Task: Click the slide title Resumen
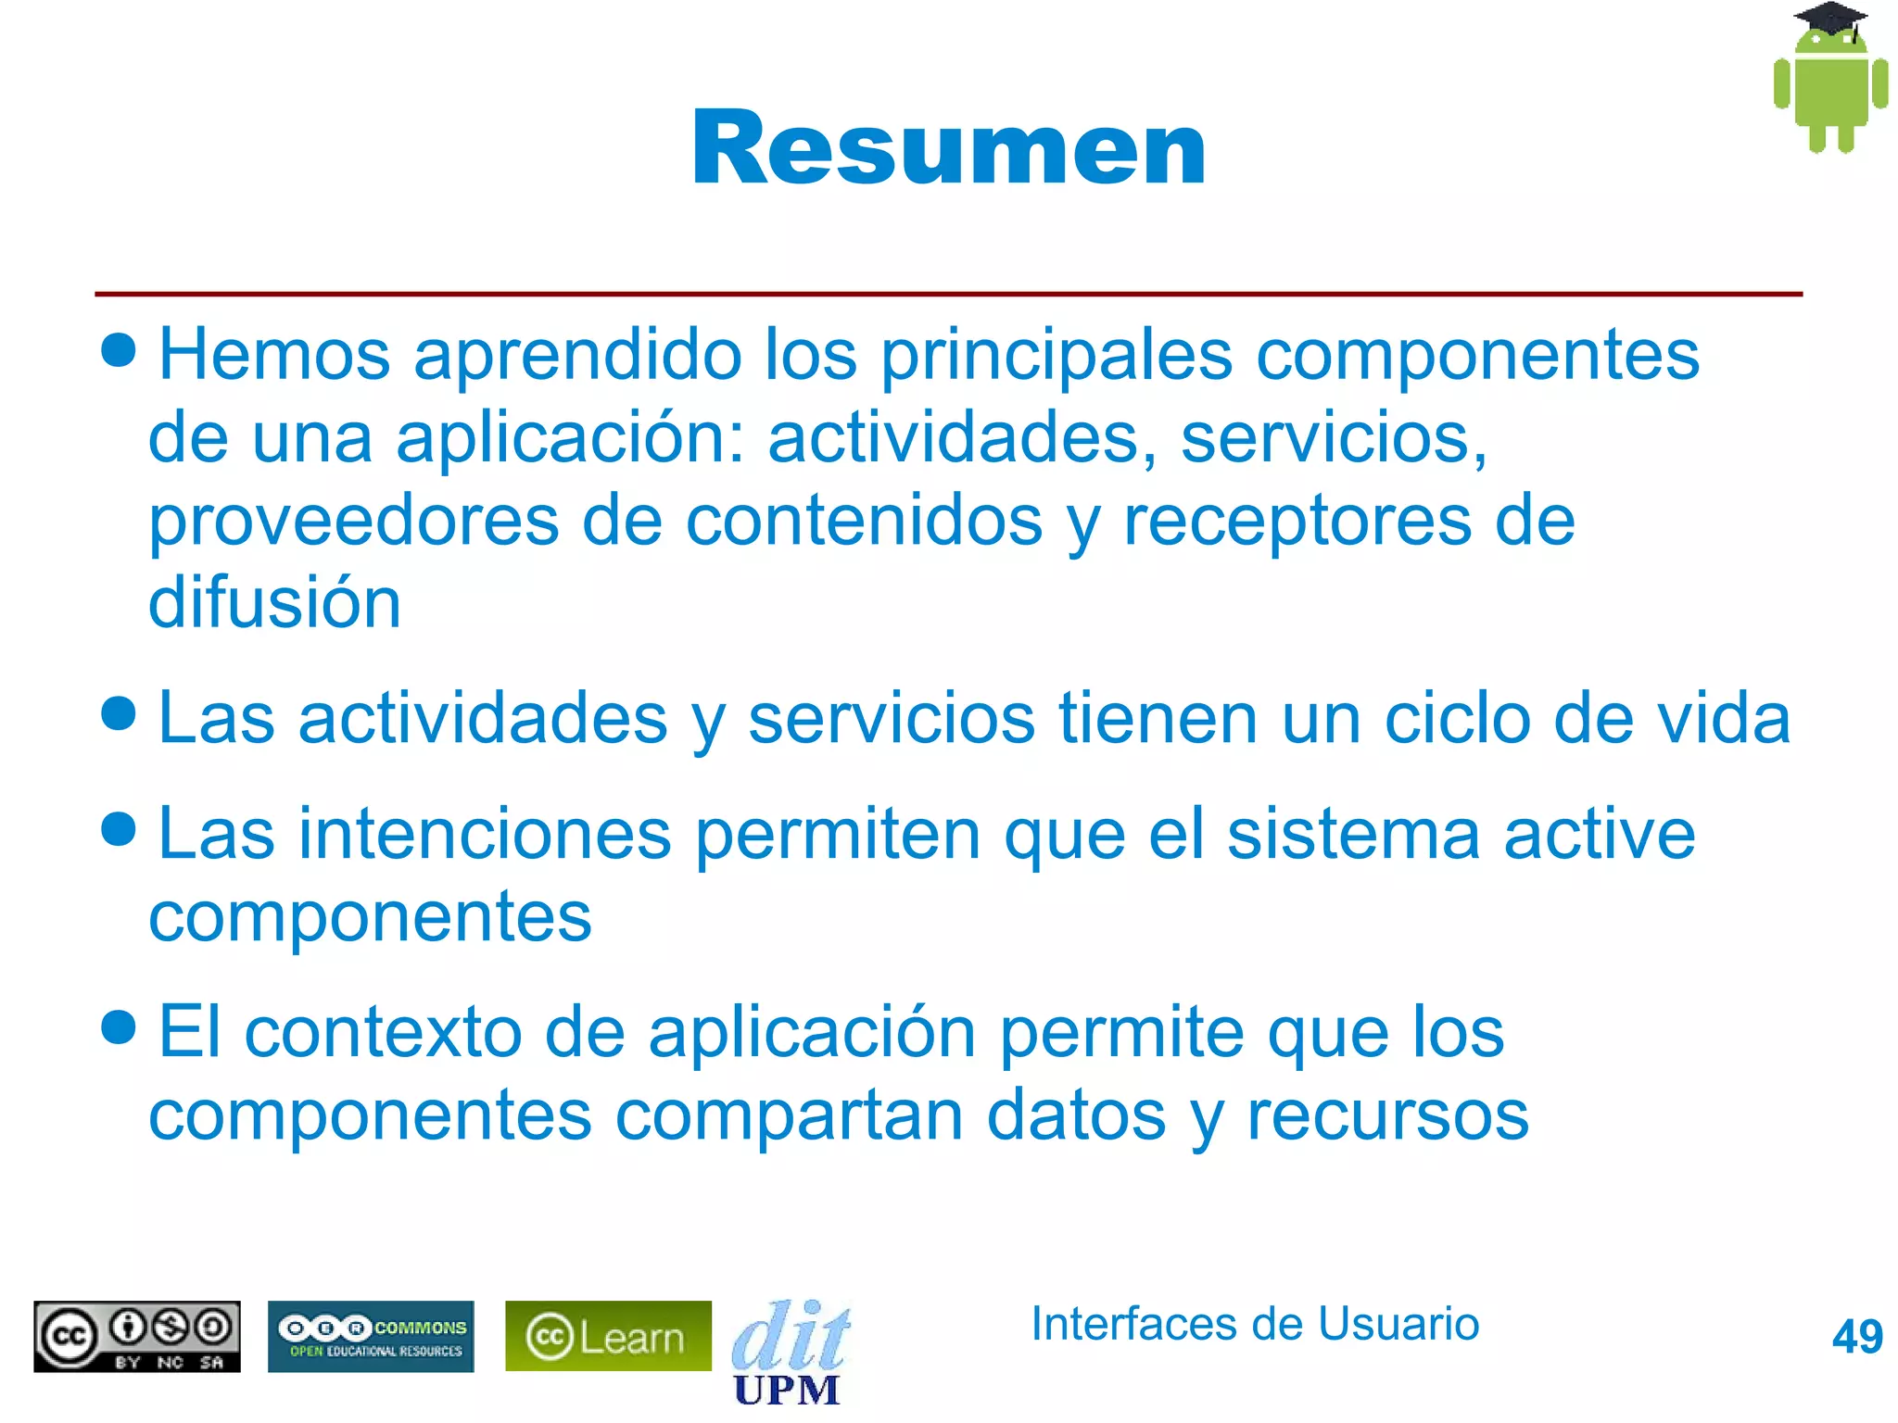(948, 148)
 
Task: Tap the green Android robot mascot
(1830, 93)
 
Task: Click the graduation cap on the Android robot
(1830, 19)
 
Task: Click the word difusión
(274, 602)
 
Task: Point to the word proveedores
(353, 521)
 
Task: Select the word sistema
(1353, 834)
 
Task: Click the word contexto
(383, 1032)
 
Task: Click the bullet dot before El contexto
(119, 1026)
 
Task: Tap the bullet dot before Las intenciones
(119, 828)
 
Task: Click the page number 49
(1856, 1337)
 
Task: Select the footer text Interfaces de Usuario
(1254, 1323)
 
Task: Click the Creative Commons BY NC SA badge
(137, 1336)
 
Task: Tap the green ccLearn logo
(608, 1336)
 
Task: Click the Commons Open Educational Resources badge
(371, 1336)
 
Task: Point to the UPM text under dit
(786, 1390)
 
